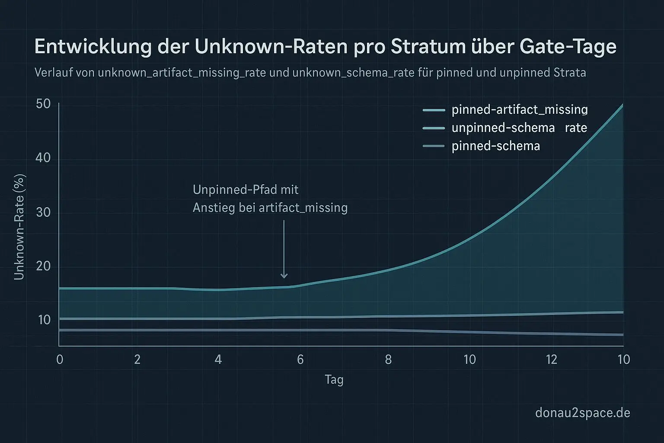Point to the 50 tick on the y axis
click(44, 104)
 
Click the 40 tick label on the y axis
click(44, 158)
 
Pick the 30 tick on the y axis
click(44, 212)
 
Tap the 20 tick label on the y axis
click(44, 266)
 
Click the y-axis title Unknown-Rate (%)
click(19, 227)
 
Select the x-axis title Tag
click(334, 380)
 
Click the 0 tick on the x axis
click(60, 360)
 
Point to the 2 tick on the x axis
click(137, 360)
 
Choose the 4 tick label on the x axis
click(218, 360)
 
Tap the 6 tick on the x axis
click(300, 360)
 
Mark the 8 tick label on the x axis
click(388, 360)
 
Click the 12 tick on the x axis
click(552, 360)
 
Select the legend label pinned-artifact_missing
click(519, 110)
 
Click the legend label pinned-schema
click(495, 146)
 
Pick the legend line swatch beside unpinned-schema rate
click(434, 128)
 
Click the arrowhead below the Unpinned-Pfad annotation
click(284, 275)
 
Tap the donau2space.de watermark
click(582, 413)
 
